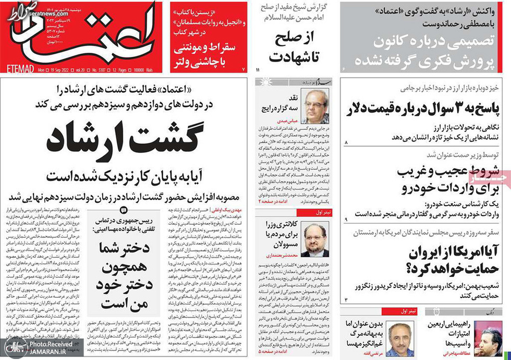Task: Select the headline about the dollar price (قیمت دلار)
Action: [x=423, y=109]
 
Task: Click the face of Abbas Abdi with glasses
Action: [x=313, y=104]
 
